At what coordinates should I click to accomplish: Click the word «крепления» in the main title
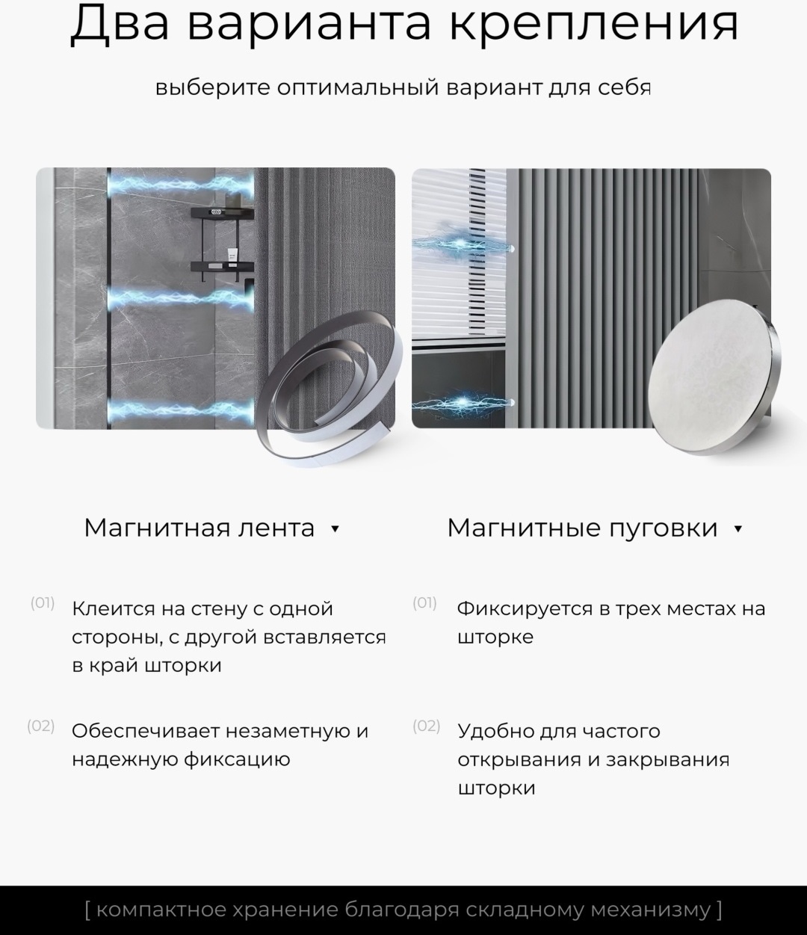point(594,23)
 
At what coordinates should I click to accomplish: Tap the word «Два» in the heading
point(120,23)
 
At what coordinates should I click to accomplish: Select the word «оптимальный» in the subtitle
point(358,87)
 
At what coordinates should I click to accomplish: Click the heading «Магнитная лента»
point(199,528)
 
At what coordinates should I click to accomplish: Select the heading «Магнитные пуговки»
point(583,528)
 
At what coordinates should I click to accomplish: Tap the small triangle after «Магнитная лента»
point(336,528)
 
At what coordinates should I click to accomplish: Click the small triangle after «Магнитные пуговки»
point(738,528)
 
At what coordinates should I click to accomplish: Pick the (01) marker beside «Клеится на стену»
point(43,603)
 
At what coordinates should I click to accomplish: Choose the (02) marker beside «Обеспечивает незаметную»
point(40,726)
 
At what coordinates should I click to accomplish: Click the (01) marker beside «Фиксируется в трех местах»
point(424,603)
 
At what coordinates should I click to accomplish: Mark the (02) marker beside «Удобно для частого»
point(426,726)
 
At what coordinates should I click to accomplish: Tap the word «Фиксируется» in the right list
point(525,609)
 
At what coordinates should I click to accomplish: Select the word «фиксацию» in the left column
point(237,759)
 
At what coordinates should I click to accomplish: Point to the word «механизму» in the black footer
point(651,910)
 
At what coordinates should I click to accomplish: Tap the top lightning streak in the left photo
point(181,185)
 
